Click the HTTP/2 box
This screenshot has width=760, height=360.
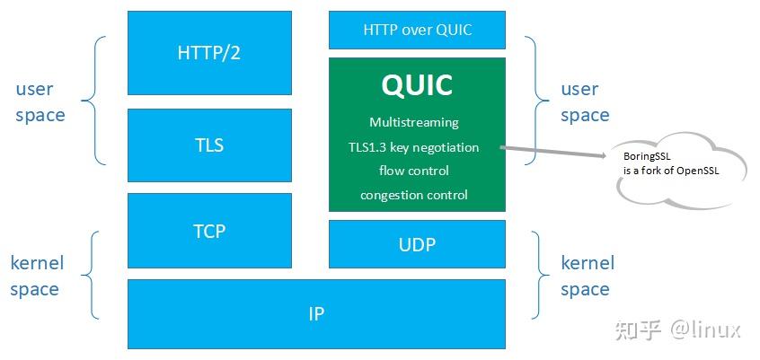[x=209, y=53]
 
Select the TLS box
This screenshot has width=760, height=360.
[x=209, y=145]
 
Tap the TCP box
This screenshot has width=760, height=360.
[x=209, y=231]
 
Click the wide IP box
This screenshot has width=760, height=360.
[x=316, y=313]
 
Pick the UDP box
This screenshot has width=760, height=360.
[x=417, y=244]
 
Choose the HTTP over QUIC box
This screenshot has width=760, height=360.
[x=417, y=30]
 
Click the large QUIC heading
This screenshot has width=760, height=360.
[x=417, y=85]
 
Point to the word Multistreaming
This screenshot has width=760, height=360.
[x=413, y=122]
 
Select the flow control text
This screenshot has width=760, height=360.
[x=413, y=171]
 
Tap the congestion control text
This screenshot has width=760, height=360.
[x=413, y=195]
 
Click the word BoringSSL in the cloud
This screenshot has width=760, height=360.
[x=647, y=156]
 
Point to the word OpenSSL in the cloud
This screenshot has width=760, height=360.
[x=699, y=170]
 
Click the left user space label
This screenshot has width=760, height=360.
[x=40, y=101]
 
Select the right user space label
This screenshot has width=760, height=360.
[x=585, y=101]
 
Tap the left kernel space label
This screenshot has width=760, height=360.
[x=37, y=276]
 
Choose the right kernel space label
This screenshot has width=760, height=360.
[x=587, y=276]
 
